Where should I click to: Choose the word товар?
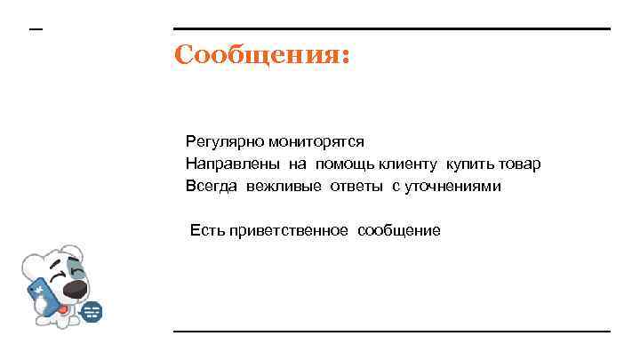coord(521,164)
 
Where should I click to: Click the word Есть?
coord(205,231)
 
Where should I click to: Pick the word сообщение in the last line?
coord(399,231)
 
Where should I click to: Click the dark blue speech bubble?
coord(92,312)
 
